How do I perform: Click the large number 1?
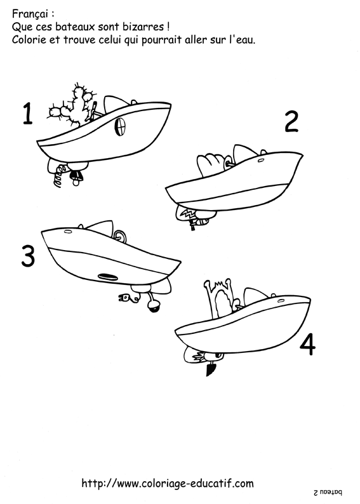pyautogui.click(x=27, y=114)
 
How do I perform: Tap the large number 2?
pyautogui.click(x=291, y=121)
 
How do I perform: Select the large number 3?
pyautogui.click(x=27, y=256)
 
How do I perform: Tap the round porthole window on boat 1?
pyautogui.click(x=119, y=130)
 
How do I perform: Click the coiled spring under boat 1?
pyautogui.click(x=58, y=175)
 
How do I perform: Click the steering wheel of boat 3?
pyautogui.click(x=119, y=236)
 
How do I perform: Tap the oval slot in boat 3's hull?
pyautogui.click(x=108, y=276)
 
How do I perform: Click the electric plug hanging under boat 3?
pyautogui.click(x=126, y=297)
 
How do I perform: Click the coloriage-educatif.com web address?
pyautogui.click(x=168, y=483)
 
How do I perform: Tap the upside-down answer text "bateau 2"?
pyautogui.click(x=328, y=492)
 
